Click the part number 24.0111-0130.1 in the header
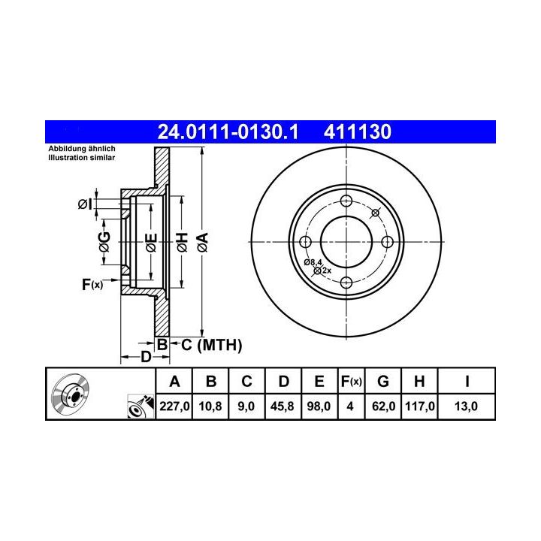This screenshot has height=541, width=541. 228,131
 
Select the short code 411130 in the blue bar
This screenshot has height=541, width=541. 358,131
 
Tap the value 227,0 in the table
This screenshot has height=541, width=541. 174,406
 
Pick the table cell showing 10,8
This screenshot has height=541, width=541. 210,406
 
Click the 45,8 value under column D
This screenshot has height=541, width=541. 283,406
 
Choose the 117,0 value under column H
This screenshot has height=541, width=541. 419,406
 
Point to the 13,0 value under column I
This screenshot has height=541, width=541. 466,406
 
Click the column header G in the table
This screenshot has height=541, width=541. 383,382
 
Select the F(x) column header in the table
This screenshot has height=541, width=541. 351,382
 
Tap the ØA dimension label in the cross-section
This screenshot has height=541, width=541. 203,242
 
